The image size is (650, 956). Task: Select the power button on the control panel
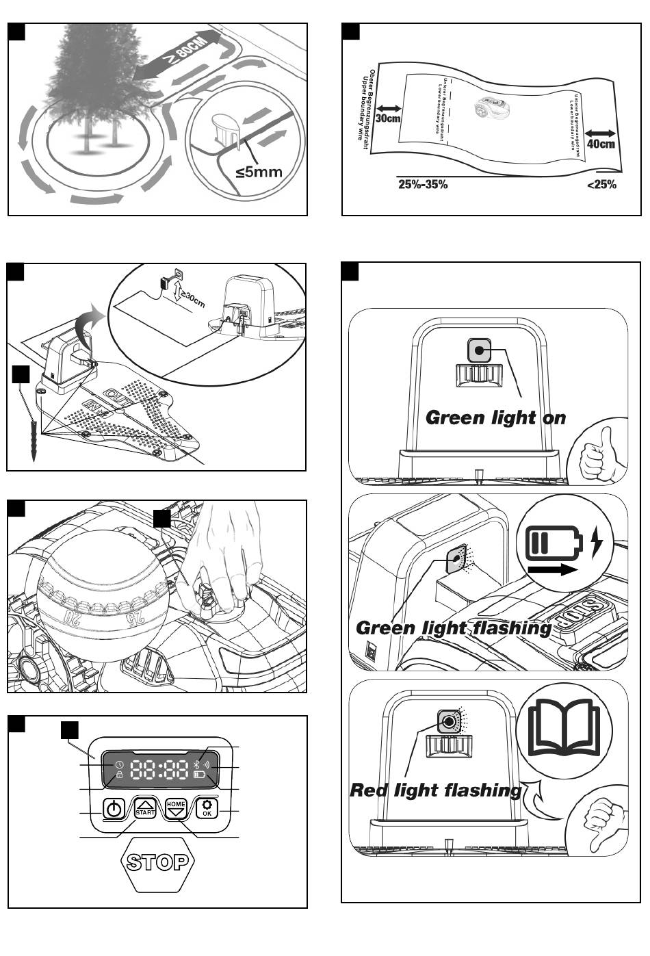tap(114, 810)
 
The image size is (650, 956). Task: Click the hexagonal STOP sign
tap(157, 862)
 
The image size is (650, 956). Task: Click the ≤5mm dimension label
tap(259, 171)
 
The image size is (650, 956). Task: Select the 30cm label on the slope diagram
tap(387, 118)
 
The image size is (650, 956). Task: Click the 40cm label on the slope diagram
tap(601, 143)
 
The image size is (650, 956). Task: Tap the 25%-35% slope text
tap(423, 184)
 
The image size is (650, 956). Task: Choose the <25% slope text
tap(601, 184)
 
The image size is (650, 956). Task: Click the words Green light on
tap(495, 417)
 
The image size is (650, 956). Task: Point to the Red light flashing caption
tap(435, 791)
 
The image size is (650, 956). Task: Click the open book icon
tap(567, 727)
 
